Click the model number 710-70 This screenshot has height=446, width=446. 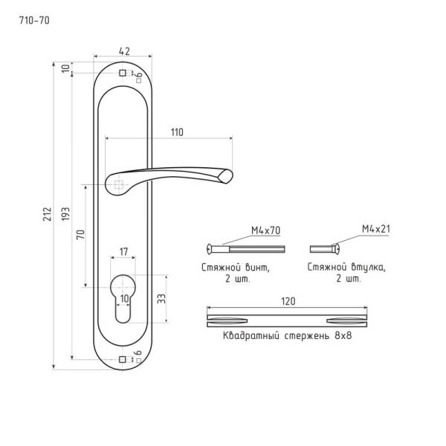(34, 21)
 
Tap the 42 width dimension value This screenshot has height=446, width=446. (124, 51)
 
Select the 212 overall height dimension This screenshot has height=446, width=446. (48, 214)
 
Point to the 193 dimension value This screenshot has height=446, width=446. (65, 214)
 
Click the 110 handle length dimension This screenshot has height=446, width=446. (177, 132)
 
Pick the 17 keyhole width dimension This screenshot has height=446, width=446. (123, 252)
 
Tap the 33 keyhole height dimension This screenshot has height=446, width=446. (161, 299)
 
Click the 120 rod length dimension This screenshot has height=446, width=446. (288, 302)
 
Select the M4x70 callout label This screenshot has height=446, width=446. (265, 230)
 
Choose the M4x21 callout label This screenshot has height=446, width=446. (375, 229)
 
